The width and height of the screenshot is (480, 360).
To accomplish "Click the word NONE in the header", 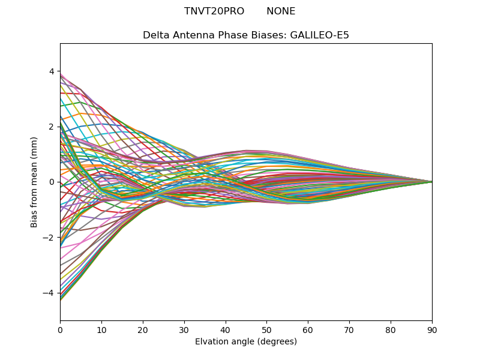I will coord(281,11).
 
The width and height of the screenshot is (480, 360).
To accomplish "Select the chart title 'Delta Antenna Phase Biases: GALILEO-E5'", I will coord(246,35).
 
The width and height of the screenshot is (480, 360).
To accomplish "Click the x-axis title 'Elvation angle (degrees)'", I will coord(246,341).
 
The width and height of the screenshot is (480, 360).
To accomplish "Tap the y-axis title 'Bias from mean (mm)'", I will coord(34,182).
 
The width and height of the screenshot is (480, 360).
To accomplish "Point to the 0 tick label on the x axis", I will coord(60,329).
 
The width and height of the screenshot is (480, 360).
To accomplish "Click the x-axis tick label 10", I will coord(101,329).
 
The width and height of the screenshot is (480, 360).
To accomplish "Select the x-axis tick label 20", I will coord(143,329).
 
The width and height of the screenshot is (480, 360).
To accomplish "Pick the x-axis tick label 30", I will coord(184,329).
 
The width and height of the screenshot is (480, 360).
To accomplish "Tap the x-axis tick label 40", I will coord(226,329).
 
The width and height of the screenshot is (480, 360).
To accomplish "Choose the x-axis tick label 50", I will coord(266,329).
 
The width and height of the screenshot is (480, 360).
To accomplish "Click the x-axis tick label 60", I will coord(308,329).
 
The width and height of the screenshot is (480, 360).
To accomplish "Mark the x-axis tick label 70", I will coord(349,329).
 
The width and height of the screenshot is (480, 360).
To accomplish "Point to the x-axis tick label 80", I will coord(391,329).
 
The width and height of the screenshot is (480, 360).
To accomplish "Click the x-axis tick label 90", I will coord(432,329).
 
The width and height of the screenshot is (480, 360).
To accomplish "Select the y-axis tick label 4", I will coord(52,71).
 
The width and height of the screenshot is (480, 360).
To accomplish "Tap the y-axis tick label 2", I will coord(52,127).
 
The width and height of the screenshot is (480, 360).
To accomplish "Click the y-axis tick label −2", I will coord(49,238).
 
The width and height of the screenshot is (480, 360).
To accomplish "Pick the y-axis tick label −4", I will coord(49,293).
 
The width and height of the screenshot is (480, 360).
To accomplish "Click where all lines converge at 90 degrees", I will coord(431,182).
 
